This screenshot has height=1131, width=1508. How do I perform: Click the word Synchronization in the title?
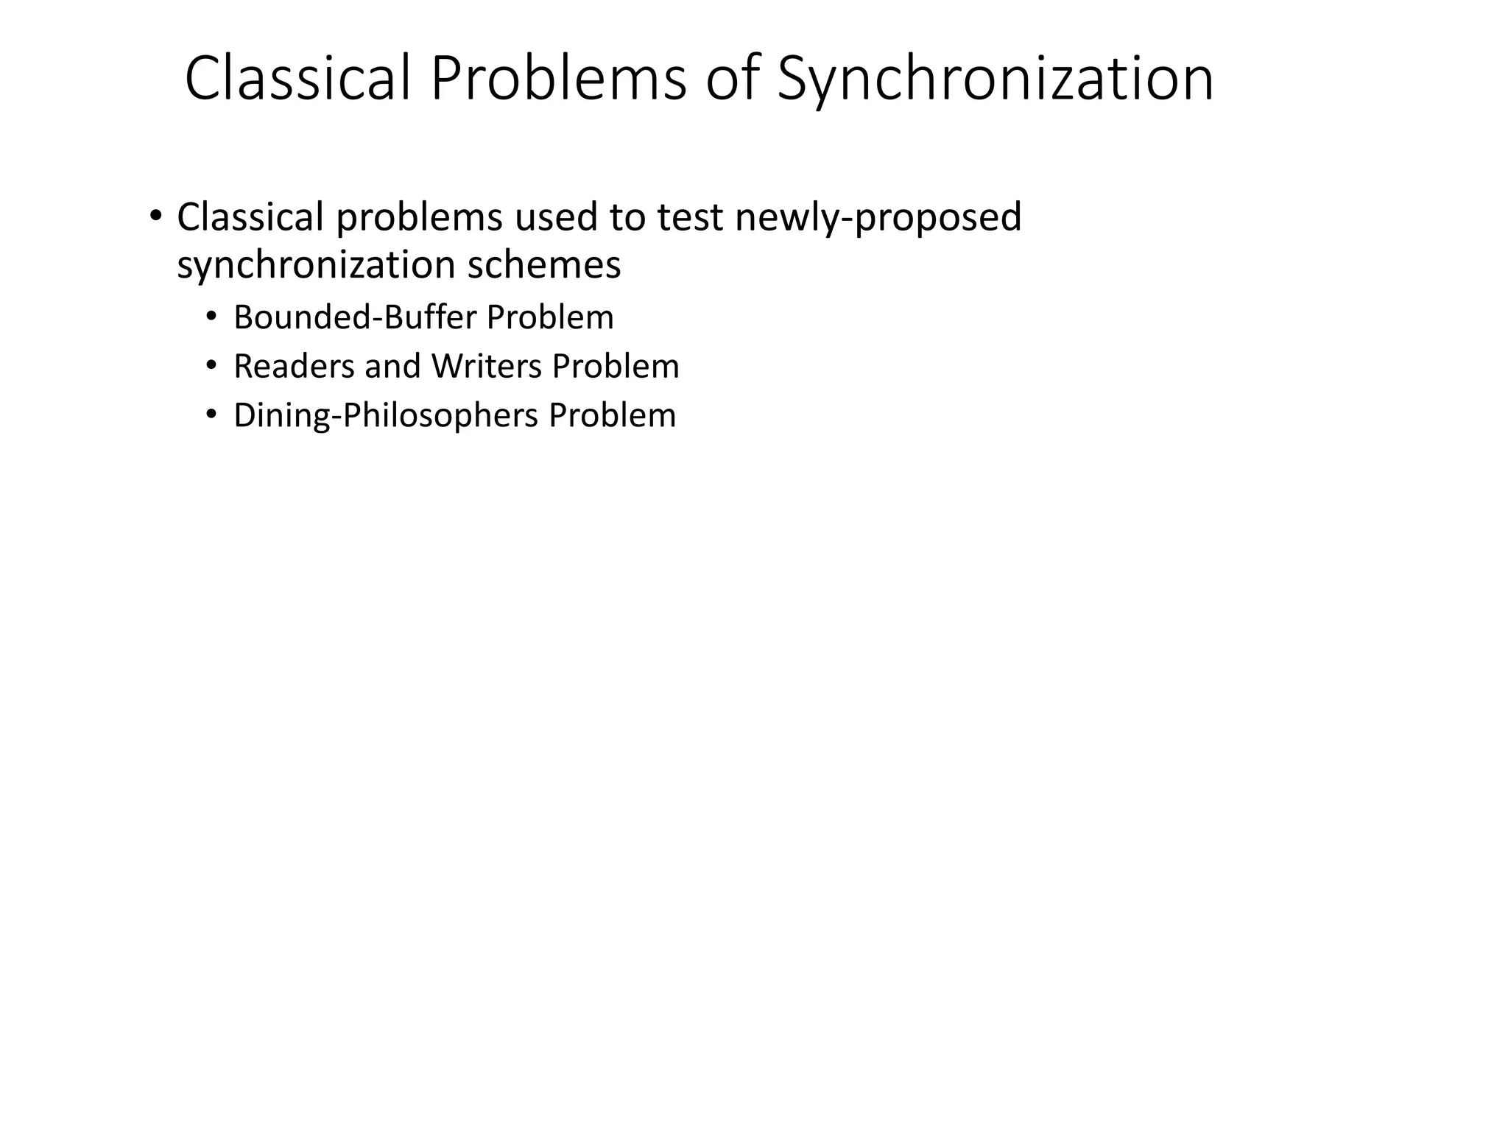tap(995, 80)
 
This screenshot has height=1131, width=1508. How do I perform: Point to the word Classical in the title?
tap(297, 80)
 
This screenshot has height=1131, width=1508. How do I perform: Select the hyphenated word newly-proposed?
tap(878, 219)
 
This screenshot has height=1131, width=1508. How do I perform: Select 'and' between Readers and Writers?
tap(392, 367)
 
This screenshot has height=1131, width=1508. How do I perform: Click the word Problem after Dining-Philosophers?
tap(612, 416)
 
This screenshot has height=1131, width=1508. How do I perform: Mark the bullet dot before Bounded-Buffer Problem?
tap(212, 317)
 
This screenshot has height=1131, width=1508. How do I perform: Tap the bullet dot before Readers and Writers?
tap(212, 366)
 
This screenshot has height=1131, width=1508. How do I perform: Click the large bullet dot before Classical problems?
tap(155, 216)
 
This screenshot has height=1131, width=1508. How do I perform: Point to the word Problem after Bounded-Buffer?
tap(550, 317)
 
